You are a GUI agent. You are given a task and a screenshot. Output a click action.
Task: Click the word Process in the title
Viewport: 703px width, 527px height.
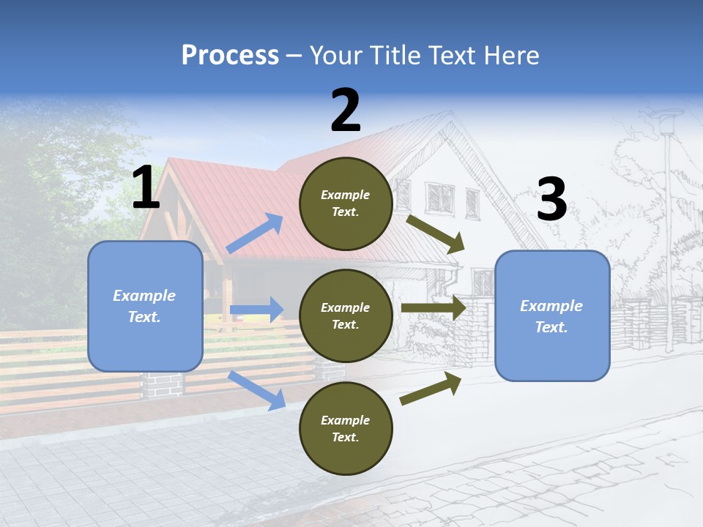(x=230, y=56)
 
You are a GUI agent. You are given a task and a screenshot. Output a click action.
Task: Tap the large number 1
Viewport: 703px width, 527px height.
(x=146, y=188)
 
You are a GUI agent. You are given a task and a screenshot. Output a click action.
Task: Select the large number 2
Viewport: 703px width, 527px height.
(x=346, y=111)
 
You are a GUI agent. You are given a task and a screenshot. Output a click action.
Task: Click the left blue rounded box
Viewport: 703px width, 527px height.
(x=145, y=306)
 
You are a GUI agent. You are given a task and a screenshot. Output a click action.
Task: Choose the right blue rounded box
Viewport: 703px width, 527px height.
(x=552, y=315)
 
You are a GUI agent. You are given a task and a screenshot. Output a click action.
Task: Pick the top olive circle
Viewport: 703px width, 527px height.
(x=346, y=203)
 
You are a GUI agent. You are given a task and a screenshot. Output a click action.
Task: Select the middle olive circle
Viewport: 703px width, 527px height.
(x=346, y=315)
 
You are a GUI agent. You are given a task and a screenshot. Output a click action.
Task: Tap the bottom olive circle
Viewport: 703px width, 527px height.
(x=346, y=428)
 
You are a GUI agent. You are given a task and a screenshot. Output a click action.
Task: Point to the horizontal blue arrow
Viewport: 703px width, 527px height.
(x=256, y=310)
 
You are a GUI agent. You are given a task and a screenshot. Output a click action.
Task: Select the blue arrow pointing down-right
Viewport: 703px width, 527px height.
(x=256, y=389)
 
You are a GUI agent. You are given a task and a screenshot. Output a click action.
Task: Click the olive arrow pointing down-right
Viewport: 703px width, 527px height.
(x=436, y=233)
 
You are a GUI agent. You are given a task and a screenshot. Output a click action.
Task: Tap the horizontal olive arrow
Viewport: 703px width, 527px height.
(x=434, y=308)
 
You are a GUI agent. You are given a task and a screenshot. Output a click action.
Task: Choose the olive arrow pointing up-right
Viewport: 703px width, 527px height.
(x=431, y=388)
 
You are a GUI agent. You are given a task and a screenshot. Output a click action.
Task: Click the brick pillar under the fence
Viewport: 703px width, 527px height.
(x=162, y=384)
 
